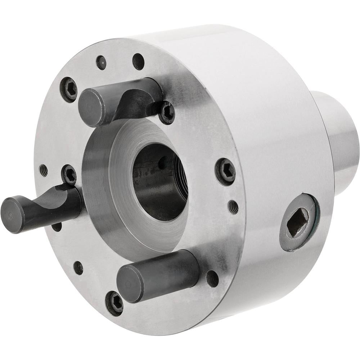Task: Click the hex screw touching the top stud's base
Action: tap(166, 112)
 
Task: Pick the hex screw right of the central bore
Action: tap(225, 171)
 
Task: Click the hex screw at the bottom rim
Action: tap(114, 303)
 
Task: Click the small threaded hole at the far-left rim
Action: tap(44, 170)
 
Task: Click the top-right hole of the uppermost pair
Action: tap(138, 61)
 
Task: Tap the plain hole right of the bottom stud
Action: tap(212, 278)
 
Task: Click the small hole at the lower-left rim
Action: tap(78, 267)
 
